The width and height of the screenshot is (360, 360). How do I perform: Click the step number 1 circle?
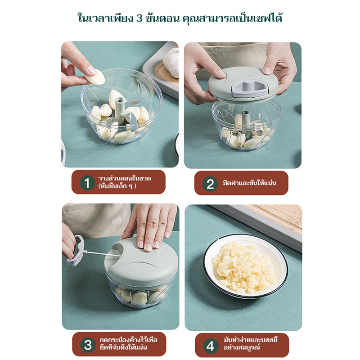pos(87,183)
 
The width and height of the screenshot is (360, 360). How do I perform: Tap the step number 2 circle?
pos(210,184)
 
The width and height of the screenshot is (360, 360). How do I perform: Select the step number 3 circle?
pos(88,345)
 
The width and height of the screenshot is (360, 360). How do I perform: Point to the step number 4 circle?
pos(211,346)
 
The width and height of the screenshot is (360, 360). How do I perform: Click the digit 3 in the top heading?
pos(139,18)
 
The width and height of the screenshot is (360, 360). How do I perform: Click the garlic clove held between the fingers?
pos(94,77)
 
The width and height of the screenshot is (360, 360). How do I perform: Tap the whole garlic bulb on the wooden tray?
pos(171,62)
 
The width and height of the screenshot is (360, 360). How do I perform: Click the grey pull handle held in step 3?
pos(76,251)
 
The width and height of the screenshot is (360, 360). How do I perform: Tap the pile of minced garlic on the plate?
pos(244,267)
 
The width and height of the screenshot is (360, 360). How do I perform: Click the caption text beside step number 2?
pos(249,183)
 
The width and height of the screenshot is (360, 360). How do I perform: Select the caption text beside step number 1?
pos(125,182)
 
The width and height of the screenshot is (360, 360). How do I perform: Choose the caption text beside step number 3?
pos(128,343)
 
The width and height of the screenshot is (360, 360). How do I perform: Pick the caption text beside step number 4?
pos(251,343)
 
